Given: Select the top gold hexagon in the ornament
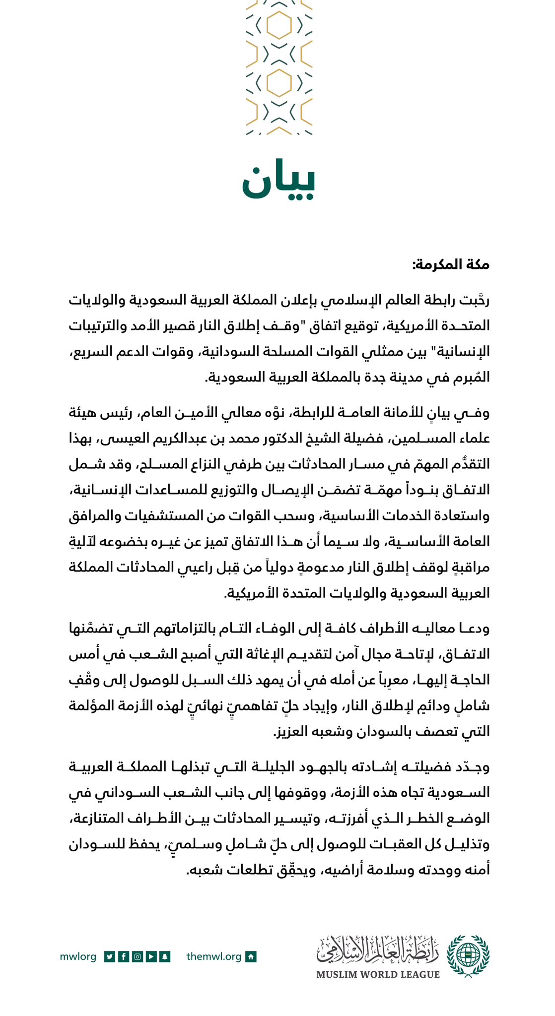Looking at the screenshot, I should (x=279, y=25).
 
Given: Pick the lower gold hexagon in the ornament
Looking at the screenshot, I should (x=279, y=82).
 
